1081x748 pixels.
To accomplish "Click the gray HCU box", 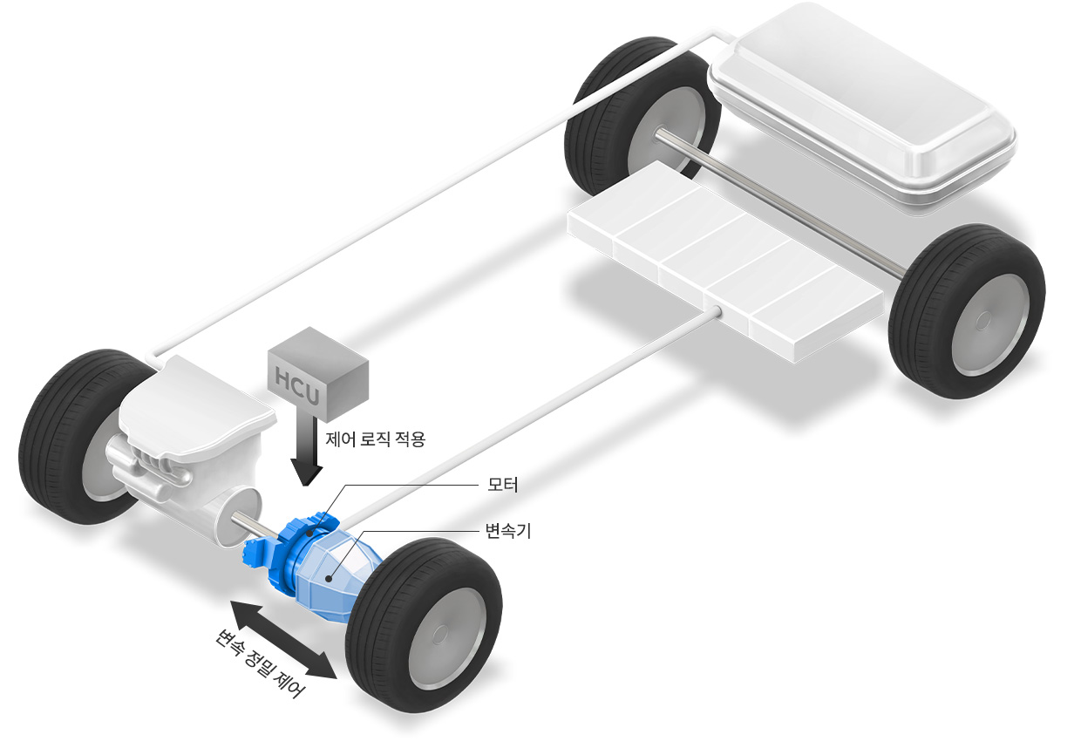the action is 318,374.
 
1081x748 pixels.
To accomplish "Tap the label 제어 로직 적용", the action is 376,439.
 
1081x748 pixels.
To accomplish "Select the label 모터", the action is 503,485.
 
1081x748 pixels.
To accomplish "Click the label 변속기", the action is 508,531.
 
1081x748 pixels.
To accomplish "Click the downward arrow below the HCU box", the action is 307,452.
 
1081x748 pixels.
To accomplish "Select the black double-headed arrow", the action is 283,639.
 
